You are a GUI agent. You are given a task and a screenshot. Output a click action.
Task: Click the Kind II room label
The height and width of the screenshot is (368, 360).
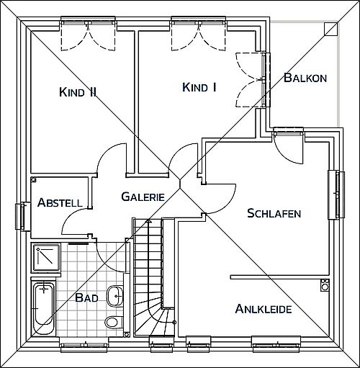click(x=78, y=92)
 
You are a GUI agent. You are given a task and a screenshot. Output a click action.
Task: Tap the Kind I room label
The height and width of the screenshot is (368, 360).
click(x=199, y=87)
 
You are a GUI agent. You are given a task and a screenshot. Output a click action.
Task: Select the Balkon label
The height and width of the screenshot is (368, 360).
click(x=305, y=78)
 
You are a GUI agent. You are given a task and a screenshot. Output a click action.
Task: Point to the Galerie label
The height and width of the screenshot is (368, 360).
click(x=143, y=197)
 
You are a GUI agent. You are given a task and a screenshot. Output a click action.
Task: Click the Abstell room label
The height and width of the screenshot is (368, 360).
click(x=60, y=202)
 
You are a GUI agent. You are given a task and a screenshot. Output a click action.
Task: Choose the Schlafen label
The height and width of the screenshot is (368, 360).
click(x=274, y=213)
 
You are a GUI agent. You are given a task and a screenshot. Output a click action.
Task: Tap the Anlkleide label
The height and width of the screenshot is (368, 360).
click(x=264, y=309)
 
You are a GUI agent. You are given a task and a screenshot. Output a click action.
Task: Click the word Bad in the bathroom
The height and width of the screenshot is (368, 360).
click(x=86, y=297)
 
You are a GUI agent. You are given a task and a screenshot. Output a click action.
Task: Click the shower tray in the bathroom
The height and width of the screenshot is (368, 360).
click(x=46, y=258)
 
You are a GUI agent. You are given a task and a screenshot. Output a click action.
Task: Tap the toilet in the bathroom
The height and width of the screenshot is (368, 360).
click(x=114, y=322)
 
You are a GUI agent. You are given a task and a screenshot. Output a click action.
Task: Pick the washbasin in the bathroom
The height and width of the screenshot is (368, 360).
click(x=114, y=296)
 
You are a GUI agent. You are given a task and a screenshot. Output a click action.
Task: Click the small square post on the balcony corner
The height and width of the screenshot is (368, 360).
click(x=330, y=29)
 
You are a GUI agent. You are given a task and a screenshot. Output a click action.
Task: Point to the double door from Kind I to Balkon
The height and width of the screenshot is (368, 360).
click(x=252, y=80)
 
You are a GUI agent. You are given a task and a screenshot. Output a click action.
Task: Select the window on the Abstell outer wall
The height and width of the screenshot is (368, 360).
click(x=23, y=217)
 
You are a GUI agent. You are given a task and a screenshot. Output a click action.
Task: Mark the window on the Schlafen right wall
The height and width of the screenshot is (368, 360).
click(x=336, y=194)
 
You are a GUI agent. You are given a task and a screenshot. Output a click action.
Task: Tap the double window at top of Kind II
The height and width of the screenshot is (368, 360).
click(x=88, y=23)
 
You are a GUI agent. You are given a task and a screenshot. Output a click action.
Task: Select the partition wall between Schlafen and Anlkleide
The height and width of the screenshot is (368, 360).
click(x=279, y=277)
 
